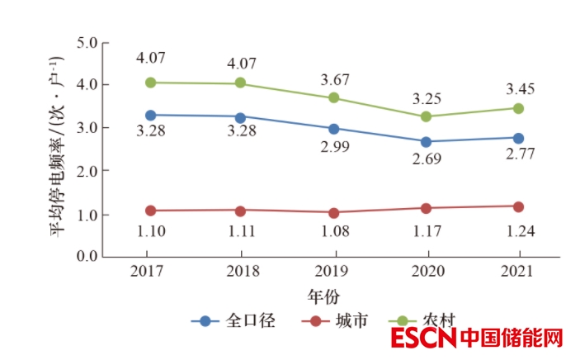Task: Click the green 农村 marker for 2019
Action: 334,97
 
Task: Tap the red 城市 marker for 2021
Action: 518,206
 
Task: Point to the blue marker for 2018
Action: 240,117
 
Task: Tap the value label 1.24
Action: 518,231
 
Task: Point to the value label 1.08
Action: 334,231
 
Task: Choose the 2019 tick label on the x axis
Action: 334,272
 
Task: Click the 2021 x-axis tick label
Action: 518,272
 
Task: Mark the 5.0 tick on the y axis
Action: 87,41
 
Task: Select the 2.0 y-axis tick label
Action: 87,171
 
